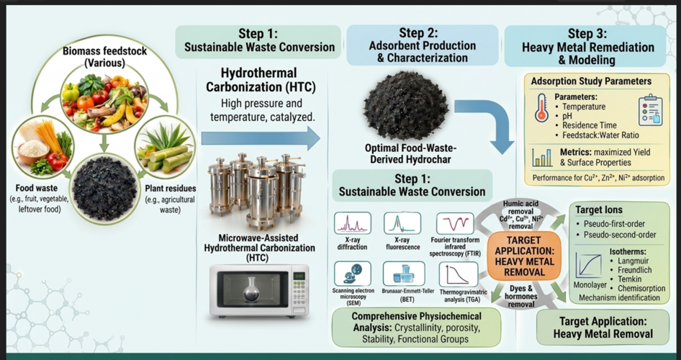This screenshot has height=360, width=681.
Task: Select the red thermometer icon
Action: (x=541, y=107)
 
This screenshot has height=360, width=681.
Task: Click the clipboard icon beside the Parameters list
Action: (x=650, y=110)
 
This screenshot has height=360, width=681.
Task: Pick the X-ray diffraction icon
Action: (x=352, y=223)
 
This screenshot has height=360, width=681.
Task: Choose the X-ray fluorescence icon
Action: (x=402, y=223)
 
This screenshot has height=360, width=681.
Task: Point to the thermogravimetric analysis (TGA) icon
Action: (x=458, y=274)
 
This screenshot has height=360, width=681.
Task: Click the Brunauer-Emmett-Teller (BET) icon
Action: (x=404, y=274)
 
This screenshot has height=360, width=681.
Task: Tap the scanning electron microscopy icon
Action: (x=352, y=274)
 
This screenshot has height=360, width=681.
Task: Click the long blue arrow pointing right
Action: (x=261, y=138)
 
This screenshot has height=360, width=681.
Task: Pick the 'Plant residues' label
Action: (x=170, y=189)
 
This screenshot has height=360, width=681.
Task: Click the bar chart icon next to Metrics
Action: (x=543, y=158)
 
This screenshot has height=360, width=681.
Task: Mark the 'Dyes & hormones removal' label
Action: (x=520, y=296)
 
